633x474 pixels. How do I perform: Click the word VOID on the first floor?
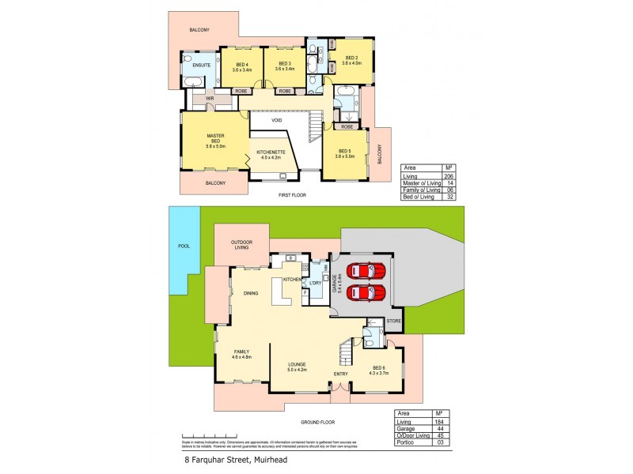coord(277,120)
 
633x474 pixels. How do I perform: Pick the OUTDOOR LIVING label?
coord(241,246)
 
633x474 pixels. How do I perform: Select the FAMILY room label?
coord(241,354)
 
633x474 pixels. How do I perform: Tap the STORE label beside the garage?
coord(394,321)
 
